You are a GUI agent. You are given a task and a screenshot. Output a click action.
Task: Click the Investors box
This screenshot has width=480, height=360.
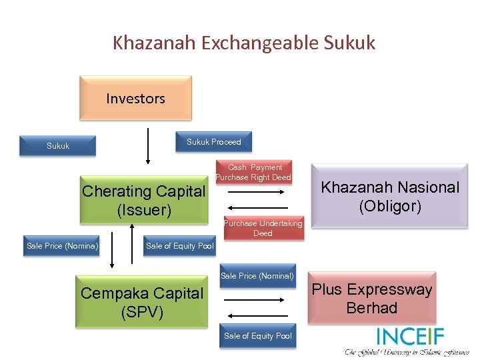tap(135, 98)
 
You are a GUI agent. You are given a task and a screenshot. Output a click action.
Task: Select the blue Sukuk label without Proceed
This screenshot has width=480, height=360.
tap(58, 145)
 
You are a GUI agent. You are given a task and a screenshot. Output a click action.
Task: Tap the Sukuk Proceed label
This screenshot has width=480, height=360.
tap(213, 141)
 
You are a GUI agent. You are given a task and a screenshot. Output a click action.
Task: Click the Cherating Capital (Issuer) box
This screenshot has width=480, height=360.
tap(143, 201)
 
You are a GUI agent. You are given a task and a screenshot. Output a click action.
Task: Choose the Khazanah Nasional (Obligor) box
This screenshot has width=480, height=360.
tap(390, 196)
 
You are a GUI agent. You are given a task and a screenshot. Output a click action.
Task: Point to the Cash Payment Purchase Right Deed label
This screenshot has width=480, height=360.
tap(254, 173)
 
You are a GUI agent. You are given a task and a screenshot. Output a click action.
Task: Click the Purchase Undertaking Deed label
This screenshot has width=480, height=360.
tap(263, 228)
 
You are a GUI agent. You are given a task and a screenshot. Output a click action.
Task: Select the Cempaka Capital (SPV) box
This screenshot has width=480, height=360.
tap(141, 303)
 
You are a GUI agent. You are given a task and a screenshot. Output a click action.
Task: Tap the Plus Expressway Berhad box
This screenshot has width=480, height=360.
tap(372, 299)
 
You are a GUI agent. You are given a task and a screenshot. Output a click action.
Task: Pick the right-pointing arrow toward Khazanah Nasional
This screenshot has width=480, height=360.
tap(257, 191)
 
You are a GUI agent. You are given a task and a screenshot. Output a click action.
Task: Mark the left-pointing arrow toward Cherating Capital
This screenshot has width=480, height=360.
tap(257, 207)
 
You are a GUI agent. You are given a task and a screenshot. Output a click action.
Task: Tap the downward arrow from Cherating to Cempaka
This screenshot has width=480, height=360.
tap(112, 249)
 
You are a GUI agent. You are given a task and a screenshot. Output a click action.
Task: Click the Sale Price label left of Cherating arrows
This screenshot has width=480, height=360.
tap(62, 246)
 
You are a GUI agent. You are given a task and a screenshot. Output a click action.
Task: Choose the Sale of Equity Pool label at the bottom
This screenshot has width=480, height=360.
tap(258, 336)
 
